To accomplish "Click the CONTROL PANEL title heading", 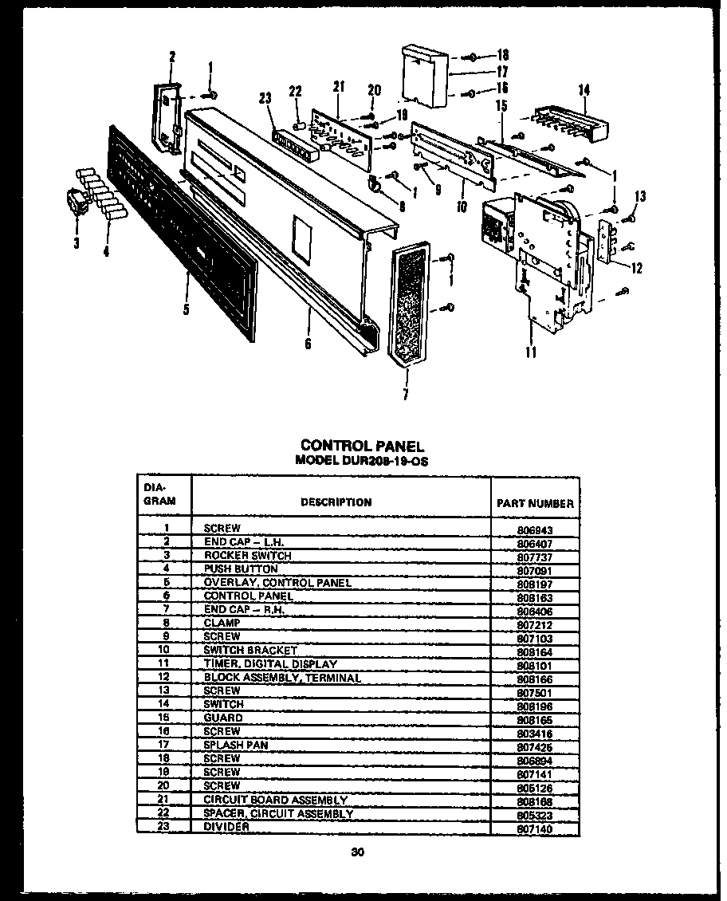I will (361, 447).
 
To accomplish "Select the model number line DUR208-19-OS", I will (361, 461).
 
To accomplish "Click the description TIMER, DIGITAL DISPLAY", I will (270, 663).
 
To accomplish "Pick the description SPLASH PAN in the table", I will (235, 745).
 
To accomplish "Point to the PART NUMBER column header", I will (534, 503).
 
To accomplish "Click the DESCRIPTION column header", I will (336, 502).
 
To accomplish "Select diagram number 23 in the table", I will (167, 826).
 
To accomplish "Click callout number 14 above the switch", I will (586, 91).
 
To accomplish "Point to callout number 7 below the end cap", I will (406, 394).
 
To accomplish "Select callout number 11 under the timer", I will (532, 351).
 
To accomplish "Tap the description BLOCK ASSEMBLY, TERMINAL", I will (282, 677).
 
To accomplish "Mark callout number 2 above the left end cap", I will (171, 56).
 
